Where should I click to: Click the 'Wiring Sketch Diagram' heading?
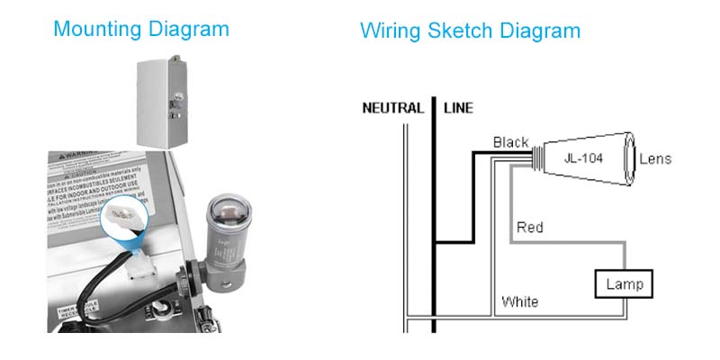click(x=470, y=31)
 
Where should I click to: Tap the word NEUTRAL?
click(x=392, y=109)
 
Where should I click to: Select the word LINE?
click(x=458, y=109)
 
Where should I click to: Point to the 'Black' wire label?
click(x=510, y=142)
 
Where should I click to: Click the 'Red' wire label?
click(x=530, y=228)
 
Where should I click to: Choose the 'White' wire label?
click(x=520, y=301)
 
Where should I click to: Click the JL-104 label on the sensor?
click(x=582, y=158)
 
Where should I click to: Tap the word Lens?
click(x=655, y=159)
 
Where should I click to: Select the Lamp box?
click(x=625, y=284)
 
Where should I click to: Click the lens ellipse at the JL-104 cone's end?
click(x=629, y=158)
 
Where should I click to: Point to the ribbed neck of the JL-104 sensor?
click(x=537, y=158)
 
